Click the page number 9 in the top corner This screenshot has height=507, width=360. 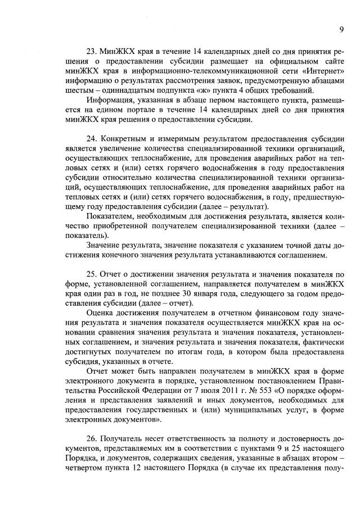coord(341,30)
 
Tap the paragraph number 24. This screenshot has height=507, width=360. coord(92,138)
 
